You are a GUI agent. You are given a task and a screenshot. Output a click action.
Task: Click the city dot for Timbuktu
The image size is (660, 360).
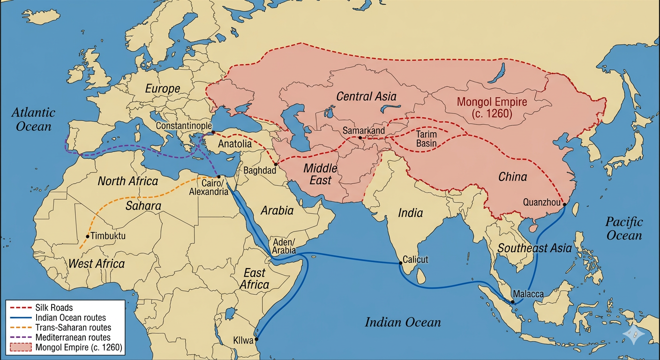pos(88,236)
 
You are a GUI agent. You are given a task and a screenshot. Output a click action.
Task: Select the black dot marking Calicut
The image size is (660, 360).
pos(400,263)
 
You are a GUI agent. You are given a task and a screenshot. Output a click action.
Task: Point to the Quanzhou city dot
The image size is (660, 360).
pos(564,204)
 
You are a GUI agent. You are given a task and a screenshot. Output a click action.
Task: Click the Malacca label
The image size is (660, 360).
pos(528,294)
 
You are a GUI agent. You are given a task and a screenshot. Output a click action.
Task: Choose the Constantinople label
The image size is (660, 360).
pos(183,126)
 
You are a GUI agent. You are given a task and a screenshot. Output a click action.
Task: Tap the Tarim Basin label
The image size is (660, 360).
pos(426,138)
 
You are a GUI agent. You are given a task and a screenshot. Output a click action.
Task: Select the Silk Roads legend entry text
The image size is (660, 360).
pos(54,308)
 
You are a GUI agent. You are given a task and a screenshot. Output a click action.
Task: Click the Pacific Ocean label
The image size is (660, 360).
pos(623,228)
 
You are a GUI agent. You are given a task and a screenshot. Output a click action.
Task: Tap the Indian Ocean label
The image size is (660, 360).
pos(403,322)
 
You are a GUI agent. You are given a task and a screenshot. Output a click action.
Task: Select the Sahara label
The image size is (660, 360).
pos(143,206)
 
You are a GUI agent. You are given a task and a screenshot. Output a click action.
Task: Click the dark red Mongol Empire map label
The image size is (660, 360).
pos(492,107)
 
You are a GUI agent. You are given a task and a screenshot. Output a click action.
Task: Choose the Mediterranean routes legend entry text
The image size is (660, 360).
pos(73,337)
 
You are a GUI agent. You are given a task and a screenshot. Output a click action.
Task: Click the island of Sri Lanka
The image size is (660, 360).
pos(421,277)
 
